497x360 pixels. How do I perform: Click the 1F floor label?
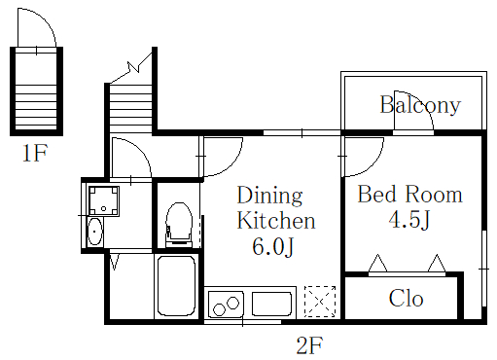click(35, 153)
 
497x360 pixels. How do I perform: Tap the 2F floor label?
click(309, 345)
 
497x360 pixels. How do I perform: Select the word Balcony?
click(420, 105)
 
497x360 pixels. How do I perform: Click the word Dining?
click(269, 196)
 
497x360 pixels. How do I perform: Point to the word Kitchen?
click(276, 220)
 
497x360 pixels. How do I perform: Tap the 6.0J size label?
click(272, 246)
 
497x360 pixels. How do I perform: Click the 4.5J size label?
click(409, 220)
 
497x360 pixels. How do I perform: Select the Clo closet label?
click(406, 298)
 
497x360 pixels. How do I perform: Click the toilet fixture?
click(178, 225)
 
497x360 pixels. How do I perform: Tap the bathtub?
click(176, 285)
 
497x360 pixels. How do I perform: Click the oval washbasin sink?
click(94, 232)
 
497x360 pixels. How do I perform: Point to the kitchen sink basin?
click(271, 304)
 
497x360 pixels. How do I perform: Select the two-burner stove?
click(226, 305)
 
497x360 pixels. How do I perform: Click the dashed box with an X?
click(320, 302)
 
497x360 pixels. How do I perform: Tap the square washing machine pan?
click(104, 201)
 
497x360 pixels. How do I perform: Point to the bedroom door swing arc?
click(376, 162)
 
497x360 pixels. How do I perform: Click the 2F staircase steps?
click(130, 109)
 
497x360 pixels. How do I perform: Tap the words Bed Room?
click(409, 195)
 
